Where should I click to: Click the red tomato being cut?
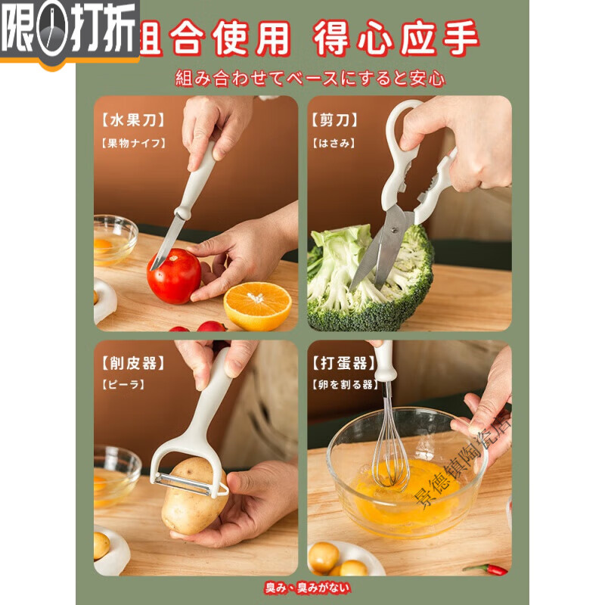174,277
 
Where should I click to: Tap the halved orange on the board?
257,306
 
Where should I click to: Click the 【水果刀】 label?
132,119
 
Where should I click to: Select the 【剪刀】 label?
334,119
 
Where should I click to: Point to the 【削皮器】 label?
132,364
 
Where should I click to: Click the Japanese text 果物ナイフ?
132,142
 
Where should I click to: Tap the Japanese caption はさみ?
333,142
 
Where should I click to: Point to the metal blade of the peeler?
189,484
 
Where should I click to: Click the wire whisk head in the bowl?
390,454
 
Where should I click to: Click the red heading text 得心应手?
397,38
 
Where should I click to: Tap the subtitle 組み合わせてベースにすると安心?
310,77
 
